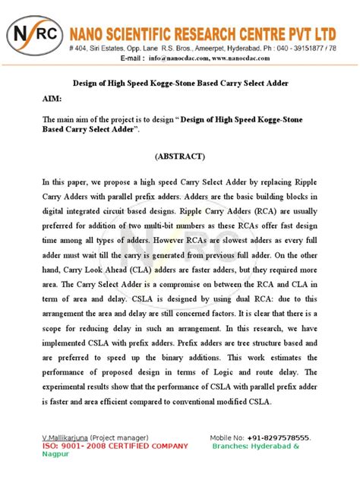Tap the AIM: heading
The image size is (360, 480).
pos(52,99)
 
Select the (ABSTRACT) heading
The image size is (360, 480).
pos(179,156)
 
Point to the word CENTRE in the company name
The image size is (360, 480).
pos(254,33)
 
